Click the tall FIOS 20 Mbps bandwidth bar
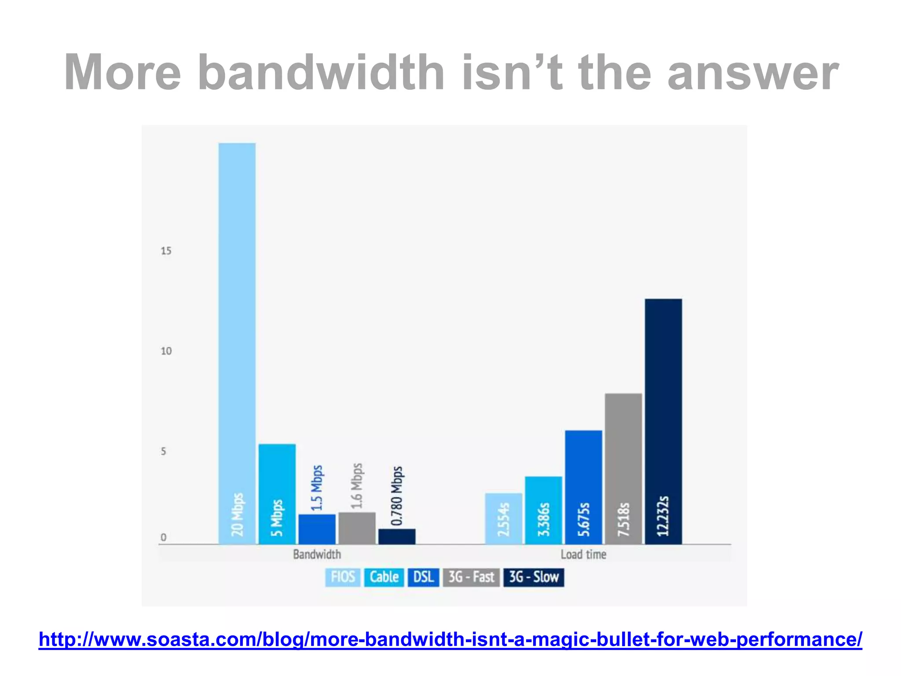237,343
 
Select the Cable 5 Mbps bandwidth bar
277,494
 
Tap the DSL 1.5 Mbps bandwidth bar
317,529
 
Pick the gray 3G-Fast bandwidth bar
357,528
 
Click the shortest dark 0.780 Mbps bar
397,536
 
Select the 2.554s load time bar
503,518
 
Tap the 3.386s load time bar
543,510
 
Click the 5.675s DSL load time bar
583,487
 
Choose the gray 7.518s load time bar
623,469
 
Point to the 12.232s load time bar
663,421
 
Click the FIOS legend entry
343,577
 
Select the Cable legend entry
384,577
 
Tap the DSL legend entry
423,577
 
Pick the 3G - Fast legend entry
471,577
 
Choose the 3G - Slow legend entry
534,577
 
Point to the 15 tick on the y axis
166,251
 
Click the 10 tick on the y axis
166,351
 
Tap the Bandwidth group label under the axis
317,554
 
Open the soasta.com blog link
450,639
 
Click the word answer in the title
753,73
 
